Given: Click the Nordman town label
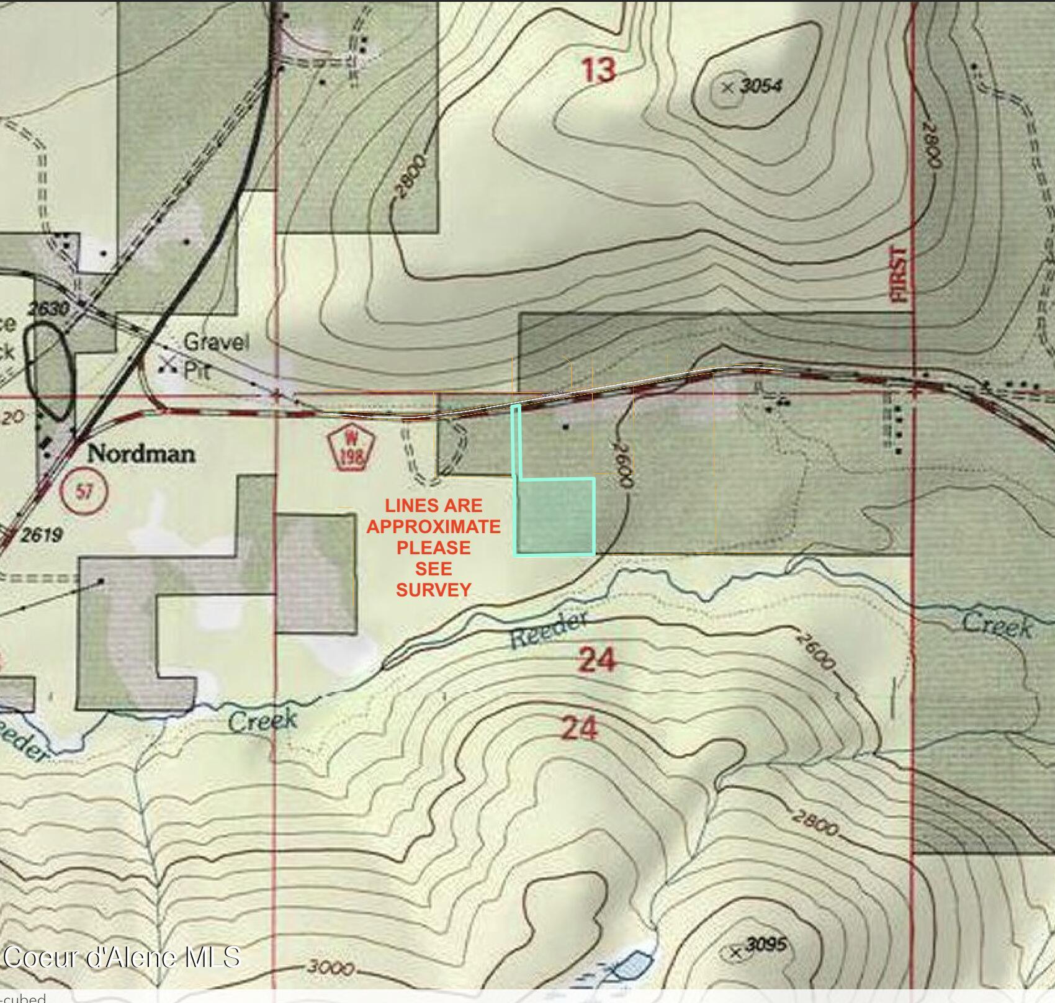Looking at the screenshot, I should pyautogui.click(x=141, y=454).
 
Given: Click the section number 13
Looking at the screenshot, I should pyautogui.click(x=599, y=70).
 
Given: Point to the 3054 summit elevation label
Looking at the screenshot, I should pyautogui.click(x=761, y=86).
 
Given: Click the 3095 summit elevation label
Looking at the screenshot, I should pyautogui.click(x=766, y=945).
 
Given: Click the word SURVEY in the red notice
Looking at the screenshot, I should pyautogui.click(x=433, y=590).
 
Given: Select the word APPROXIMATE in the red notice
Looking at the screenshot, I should pyautogui.click(x=433, y=526).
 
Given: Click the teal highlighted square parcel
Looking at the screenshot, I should pyautogui.click(x=556, y=516).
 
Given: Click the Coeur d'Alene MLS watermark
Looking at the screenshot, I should pyautogui.click(x=122, y=956).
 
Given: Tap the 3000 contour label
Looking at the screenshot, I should pyautogui.click(x=331, y=968).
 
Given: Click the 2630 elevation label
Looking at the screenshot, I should pyautogui.click(x=49, y=308).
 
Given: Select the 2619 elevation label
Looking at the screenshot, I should pyautogui.click(x=41, y=534).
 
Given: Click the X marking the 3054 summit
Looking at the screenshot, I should pyautogui.click(x=728, y=88).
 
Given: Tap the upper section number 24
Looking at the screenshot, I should pyautogui.click(x=596, y=659).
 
